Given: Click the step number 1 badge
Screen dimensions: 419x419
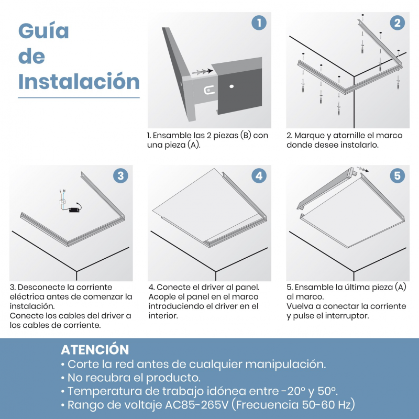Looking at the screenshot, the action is coord(259,23).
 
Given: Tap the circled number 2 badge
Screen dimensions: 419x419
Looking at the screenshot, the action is coord(398,23).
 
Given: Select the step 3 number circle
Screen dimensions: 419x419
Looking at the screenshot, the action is coord(120,176).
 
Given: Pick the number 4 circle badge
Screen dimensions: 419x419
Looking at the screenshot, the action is coord(259,176).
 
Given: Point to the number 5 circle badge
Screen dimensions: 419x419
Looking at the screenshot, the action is coord(398,176).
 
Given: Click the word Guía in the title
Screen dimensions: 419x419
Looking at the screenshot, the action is coord(43,30).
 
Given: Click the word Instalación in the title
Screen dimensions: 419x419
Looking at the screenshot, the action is coord(79,81).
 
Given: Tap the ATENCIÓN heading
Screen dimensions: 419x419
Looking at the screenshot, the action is coord(95,349).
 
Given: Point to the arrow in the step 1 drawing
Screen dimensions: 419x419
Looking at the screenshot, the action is coord(202,72).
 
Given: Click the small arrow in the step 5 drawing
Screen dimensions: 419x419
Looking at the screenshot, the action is coord(362,169).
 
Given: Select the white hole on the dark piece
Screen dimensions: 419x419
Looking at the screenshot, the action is coord(231,86).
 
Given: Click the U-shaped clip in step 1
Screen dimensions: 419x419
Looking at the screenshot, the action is coord(209,90).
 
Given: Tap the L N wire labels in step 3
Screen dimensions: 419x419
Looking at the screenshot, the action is coord(62,191).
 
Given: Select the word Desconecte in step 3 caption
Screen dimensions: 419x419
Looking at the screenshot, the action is coord(41,287).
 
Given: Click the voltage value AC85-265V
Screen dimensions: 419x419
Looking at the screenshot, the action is coord(197,404).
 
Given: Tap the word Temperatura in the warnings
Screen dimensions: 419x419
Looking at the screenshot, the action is coord(104,391).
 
